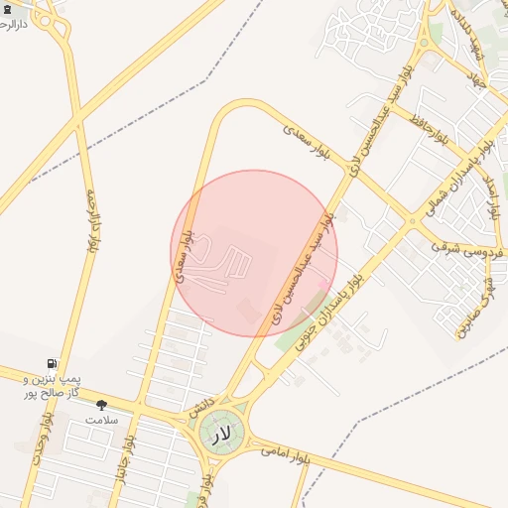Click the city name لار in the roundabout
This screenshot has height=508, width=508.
220,433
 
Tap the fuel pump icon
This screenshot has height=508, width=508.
51,364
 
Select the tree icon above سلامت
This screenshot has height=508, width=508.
100,405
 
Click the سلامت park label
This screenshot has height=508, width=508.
100,420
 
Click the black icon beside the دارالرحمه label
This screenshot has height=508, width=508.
8,8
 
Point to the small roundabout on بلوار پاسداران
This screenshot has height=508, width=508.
411,220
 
